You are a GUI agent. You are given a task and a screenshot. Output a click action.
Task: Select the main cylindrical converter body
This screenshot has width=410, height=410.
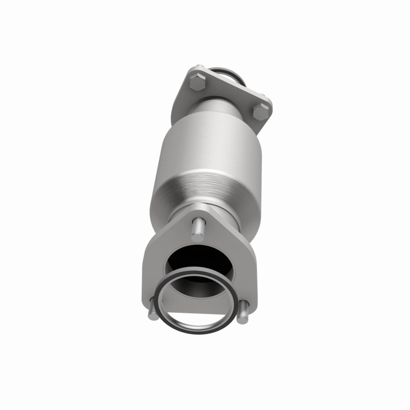pos(205,154)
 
